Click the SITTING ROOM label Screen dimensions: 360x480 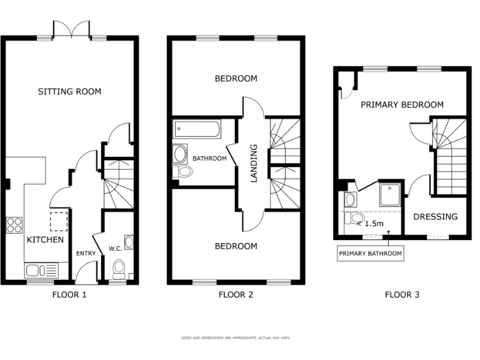coord(69,92)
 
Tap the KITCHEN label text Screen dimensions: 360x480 coord(44,239)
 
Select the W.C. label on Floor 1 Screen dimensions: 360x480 coord(115,248)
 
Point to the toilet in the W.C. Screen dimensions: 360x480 coord(119,269)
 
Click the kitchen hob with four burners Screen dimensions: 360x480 coord(14,224)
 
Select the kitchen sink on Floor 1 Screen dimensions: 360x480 coord(35,270)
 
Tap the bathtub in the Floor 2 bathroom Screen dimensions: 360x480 coord(197,130)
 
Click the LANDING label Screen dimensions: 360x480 coord(254,163)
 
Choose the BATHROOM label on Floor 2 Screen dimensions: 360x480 coord(209,158)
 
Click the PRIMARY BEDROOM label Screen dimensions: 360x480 coord(402,104)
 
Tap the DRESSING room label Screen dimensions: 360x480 coord(435,217)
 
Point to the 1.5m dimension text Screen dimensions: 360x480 coord(374,223)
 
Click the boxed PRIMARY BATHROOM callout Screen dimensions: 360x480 coord(370,253)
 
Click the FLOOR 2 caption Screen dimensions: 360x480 coord(236,294)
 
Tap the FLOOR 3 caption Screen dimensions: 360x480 coord(402,294)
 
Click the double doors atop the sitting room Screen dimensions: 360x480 coord(71,29)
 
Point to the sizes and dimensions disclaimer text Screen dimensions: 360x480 coord(236,337)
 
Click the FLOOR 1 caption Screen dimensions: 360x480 coord(69,294)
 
